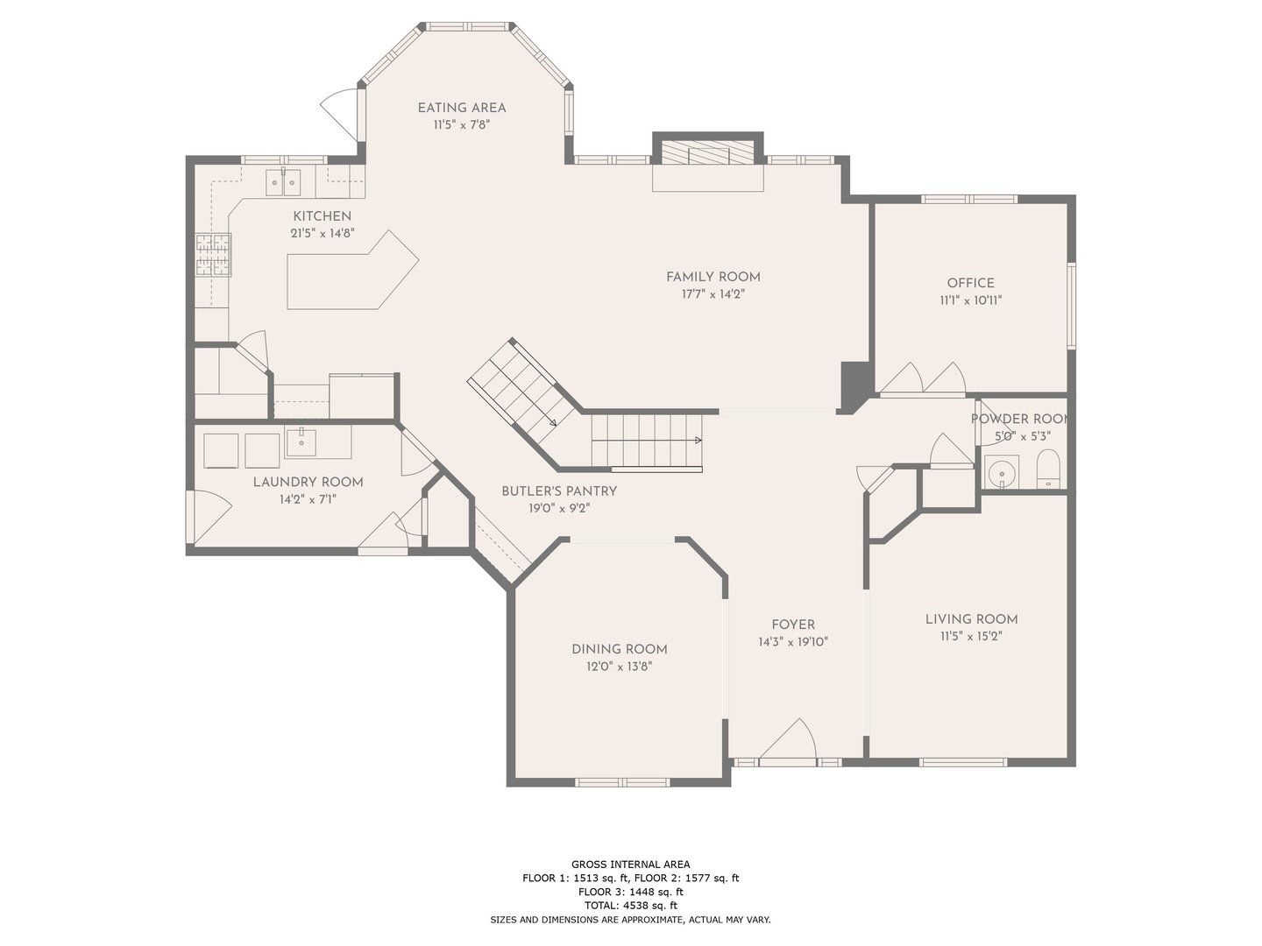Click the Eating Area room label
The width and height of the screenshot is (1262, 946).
[462, 108]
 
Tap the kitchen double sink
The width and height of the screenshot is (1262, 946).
[283, 183]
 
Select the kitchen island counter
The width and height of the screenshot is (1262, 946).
[352, 271]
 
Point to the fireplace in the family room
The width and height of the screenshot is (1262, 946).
[708, 152]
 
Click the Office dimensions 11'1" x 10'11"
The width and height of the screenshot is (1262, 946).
[970, 300]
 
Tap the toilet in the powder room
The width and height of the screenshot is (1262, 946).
[1047, 469]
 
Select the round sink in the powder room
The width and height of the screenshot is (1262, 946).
[1001, 472]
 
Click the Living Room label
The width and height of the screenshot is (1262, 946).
[971, 619]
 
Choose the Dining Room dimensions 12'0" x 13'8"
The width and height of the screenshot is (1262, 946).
[620, 667]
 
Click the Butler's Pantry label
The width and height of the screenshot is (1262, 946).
[559, 491]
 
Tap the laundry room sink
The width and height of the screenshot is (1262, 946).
[301, 441]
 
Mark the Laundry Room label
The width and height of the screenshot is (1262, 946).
[308, 482]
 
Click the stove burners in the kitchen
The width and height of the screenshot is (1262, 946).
[213, 254]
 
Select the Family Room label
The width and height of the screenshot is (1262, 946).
[713, 277]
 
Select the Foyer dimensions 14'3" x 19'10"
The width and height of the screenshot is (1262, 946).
[793, 642]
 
